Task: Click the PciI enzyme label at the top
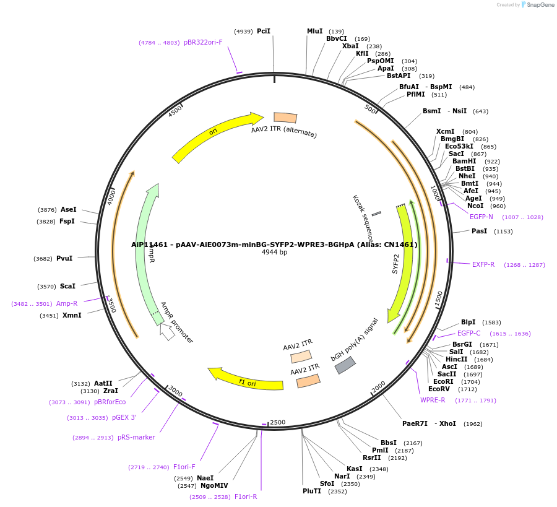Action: pyautogui.click(x=264, y=31)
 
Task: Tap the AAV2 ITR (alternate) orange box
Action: pyautogui.click(x=285, y=118)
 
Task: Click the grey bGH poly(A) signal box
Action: pyautogui.click(x=345, y=365)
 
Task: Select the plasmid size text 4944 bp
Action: pyautogui.click(x=274, y=253)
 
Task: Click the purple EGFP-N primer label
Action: pyautogui.click(x=481, y=217)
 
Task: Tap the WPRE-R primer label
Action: pyautogui.click(x=433, y=400)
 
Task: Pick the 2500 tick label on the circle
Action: pyautogui.click(x=277, y=422)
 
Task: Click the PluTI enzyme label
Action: pyautogui.click(x=312, y=491)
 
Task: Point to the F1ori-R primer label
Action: pyautogui.click(x=246, y=496)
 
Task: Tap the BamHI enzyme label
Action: pyautogui.click(x=464, y=161)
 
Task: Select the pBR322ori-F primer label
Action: pyautogui.click(x=203, y=42)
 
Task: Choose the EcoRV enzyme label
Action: pyautogui.click(x=439, y=389)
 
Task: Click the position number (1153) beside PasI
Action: pyautogui.click(x=503, y=231)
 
